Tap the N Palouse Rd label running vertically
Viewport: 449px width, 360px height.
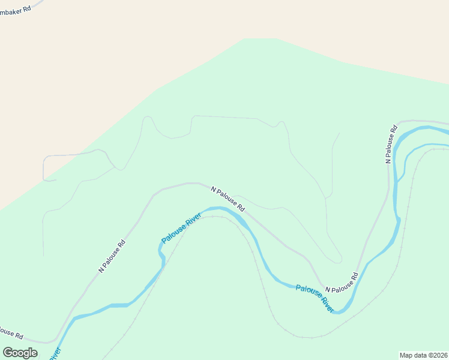click(x=391, y=144)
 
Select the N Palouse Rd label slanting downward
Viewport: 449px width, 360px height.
click(x=228, y=199)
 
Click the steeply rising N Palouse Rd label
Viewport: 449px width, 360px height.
click(x=113, y=256)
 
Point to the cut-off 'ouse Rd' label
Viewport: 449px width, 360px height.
click(x=11, y=331)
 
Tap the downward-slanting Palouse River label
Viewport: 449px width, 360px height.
click(x=315, y=298)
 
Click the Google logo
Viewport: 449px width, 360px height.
click(x=20, y=353)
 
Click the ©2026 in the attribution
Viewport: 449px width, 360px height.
click(x=438, y=355)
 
